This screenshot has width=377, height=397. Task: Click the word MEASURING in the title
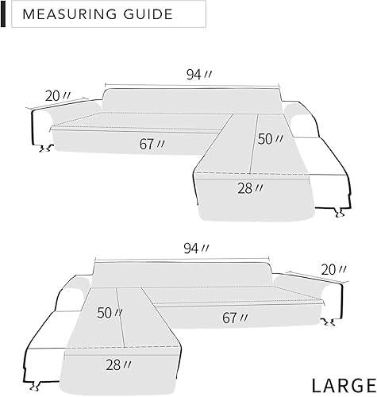coord(69,14)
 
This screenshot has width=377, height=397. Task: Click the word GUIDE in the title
coord(148,14)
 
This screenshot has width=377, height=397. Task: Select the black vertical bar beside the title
coord(4,14)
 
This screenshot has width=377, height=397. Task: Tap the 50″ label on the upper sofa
coord(270,138)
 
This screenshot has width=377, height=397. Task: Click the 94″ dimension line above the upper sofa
coord(193,85)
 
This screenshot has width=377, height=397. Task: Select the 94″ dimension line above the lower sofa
coord(185,259)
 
